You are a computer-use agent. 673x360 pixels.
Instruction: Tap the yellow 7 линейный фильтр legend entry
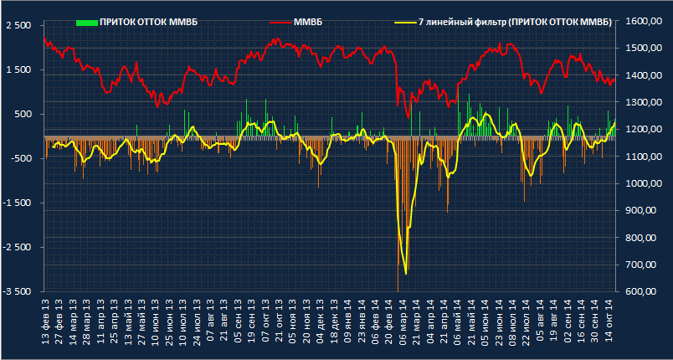[514, 21]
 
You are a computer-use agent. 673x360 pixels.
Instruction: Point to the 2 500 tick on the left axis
[17, 25]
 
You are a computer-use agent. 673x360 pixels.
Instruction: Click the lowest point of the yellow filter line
[405, 273]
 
